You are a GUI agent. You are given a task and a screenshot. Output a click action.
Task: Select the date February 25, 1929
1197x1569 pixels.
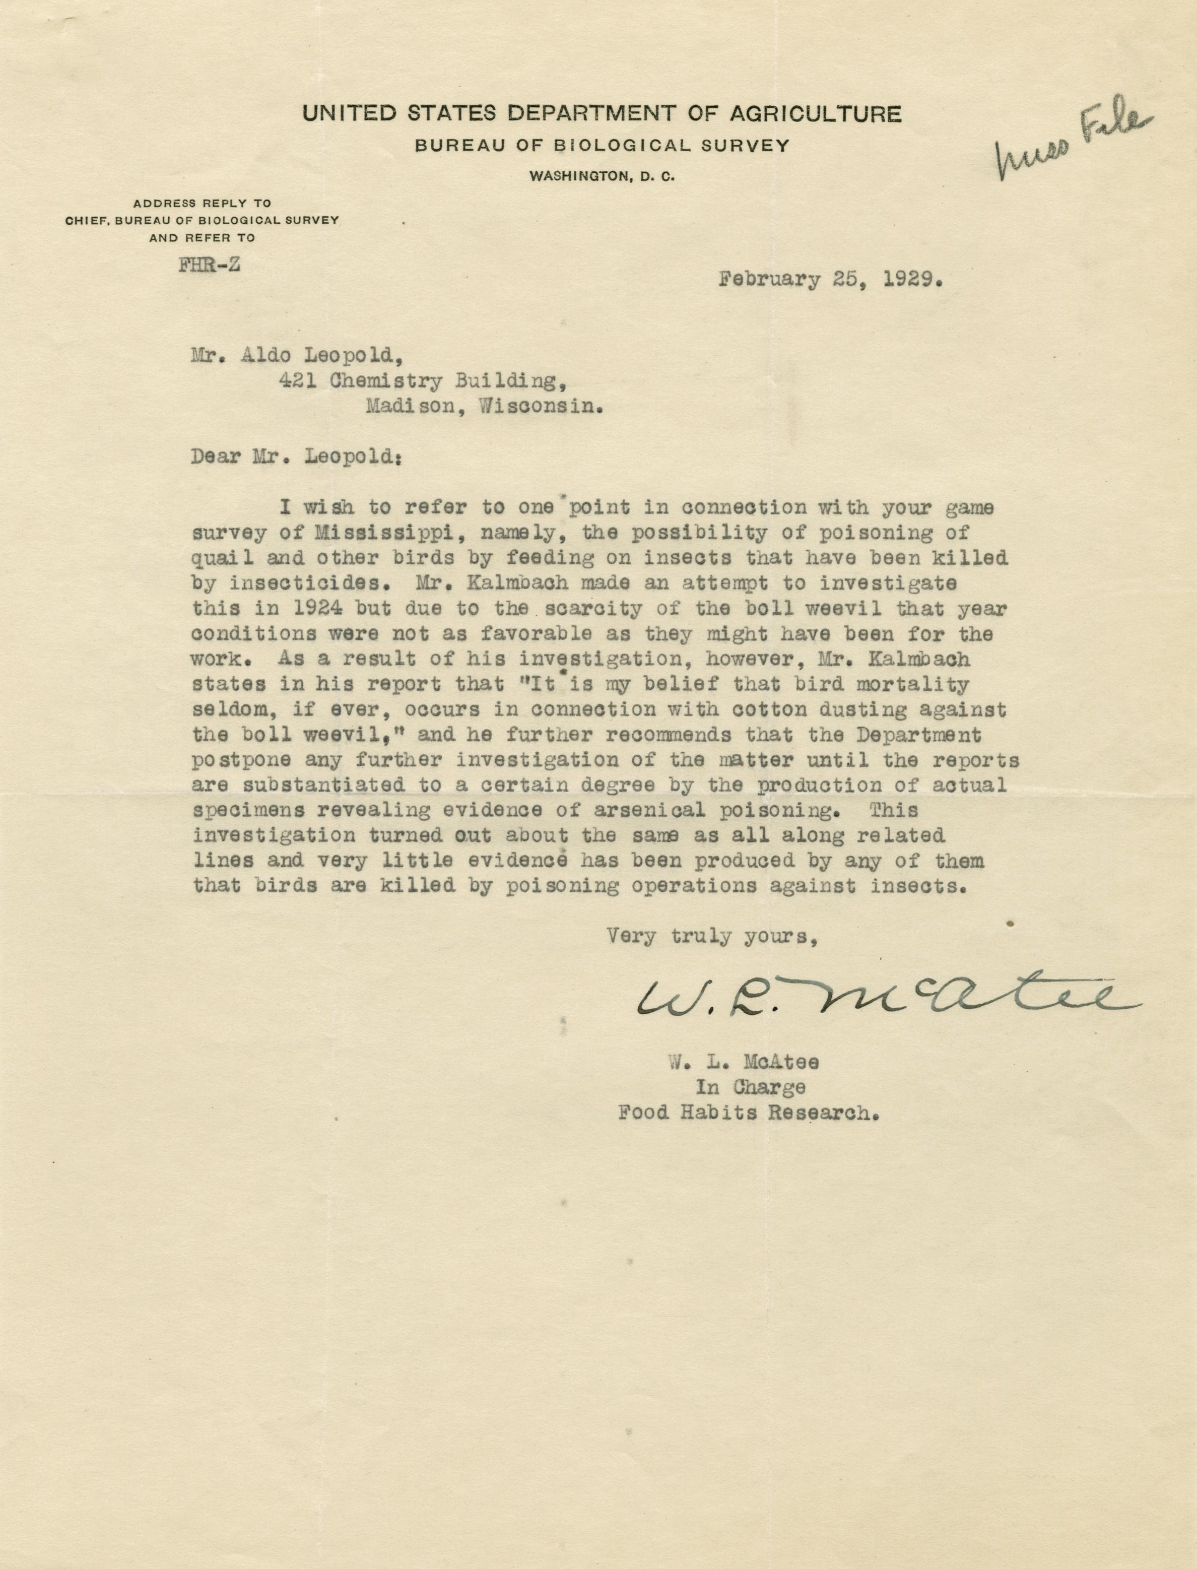831,279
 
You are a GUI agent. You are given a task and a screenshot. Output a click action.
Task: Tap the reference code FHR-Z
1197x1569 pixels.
209,265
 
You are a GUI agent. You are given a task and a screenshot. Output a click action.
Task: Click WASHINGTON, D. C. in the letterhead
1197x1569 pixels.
602,176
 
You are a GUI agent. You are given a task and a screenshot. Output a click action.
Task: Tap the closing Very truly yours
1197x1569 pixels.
711,936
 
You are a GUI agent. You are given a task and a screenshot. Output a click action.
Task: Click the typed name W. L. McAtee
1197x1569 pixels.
743,1063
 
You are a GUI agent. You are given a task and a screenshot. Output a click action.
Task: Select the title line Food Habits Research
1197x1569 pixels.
748,1113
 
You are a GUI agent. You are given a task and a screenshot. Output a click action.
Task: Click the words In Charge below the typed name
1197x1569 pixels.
750,1087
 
